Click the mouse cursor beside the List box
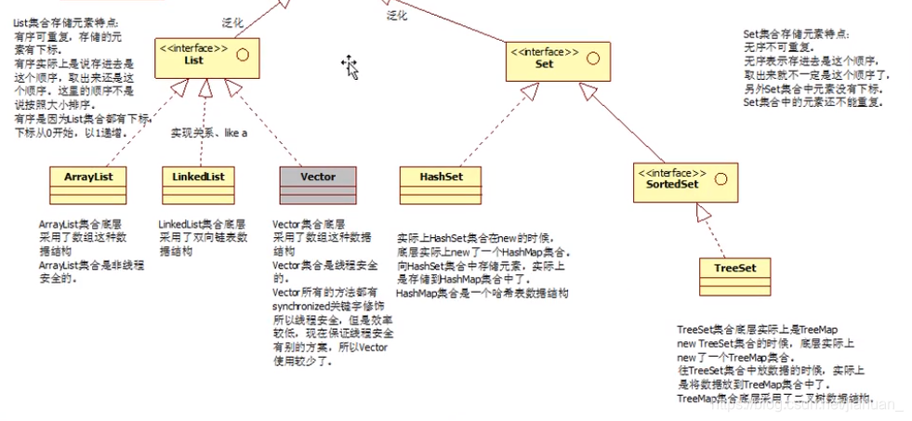pyautogui.click(x=350, y=65)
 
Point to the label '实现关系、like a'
pyautogui.click(x=208, y=134)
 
